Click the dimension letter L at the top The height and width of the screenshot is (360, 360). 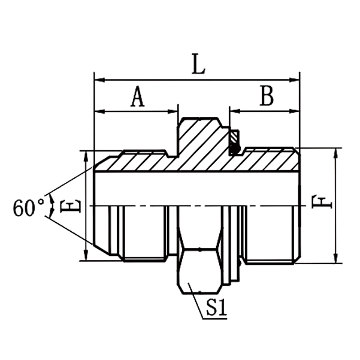point(198,65)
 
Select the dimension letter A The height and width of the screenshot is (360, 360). point(138,96)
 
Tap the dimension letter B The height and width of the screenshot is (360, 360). point(266,96)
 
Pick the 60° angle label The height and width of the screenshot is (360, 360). point(29,207)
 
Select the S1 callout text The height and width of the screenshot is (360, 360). point(216,308)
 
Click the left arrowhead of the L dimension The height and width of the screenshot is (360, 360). point(98,79)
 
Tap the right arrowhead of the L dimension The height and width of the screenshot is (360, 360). point(295,79)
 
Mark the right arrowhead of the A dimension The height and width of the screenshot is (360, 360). point(174,111)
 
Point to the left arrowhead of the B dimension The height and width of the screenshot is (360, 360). point(234,111)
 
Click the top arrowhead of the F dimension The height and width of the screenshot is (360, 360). point(335,152)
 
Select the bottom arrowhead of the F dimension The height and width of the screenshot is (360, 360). point(335,259)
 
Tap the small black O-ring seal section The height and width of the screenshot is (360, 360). point(235,141)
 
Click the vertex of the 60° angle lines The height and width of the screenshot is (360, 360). point(48,205)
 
